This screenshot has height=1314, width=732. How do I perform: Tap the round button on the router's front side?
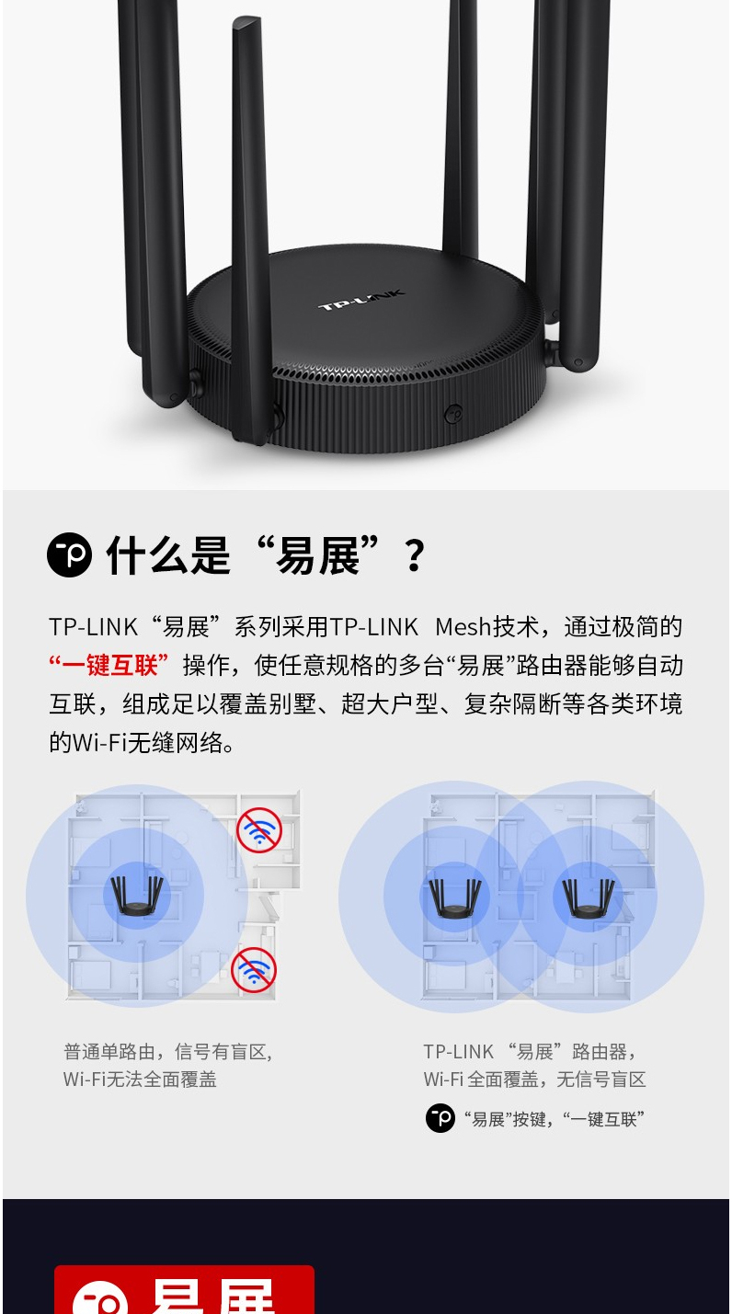click(453, 414)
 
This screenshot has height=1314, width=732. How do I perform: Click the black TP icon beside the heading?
click(69, 554)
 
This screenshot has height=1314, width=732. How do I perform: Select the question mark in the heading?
click(415, 556)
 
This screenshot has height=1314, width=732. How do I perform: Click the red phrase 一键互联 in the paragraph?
click(109, 665)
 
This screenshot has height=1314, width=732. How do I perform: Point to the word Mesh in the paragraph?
click(463, 627)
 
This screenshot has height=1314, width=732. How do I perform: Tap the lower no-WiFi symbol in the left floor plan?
click(254, 970)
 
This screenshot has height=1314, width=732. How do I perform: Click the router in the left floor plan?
click(137, 896)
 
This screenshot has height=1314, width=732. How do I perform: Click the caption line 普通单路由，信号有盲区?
click(168, 1052)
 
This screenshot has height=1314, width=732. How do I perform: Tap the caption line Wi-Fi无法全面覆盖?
click(140, 1080)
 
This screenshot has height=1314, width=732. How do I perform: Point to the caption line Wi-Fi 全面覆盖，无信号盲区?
click(534, 1080)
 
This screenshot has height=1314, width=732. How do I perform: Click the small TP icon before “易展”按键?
click(440, 1118)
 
